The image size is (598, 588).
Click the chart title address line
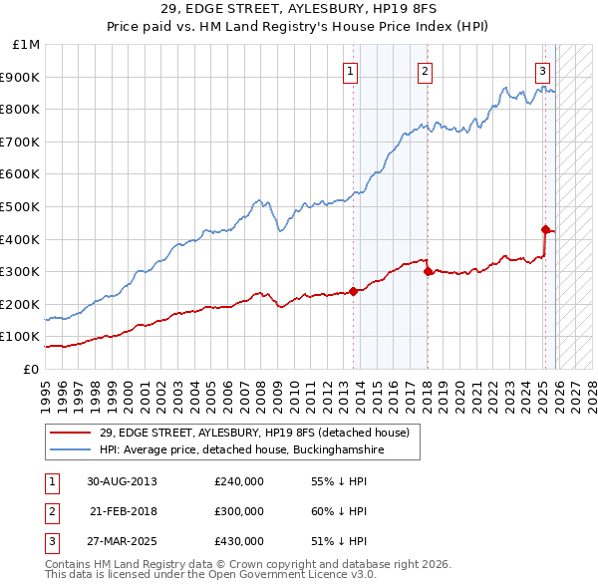[298, 9]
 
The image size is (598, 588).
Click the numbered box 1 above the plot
[352, 70]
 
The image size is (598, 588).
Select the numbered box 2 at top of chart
[426, 70]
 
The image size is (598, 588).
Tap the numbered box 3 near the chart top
[543, 70]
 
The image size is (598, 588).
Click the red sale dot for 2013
[353, 291]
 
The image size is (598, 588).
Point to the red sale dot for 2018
[427, 271]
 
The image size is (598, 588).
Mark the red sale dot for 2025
[545, 229]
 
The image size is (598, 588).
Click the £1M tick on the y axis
[27, 45]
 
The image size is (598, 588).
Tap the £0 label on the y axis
[30, 369]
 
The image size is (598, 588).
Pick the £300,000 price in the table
[238, 511]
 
